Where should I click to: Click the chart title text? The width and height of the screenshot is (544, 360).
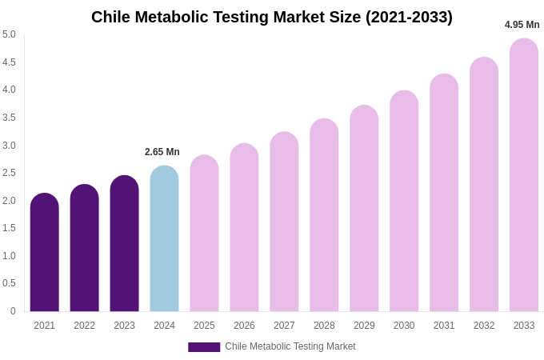point(272,17)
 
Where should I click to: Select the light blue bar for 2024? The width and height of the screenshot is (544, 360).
point(164,240)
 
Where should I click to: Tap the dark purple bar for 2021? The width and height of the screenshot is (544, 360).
point(45,253)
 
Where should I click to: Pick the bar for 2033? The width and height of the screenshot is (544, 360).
point(524,176)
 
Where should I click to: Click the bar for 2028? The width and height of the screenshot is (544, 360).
point(324,216)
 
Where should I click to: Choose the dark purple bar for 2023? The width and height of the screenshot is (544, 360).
point(124,244)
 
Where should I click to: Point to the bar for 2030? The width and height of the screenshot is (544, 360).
point(404,202)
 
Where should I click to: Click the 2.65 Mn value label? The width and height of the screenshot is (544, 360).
point(162,152)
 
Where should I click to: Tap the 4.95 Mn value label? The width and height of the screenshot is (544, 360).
point(522,25)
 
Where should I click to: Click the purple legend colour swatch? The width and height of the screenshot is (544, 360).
point(204,347)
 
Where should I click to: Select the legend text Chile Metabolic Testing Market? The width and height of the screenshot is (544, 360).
point(290,346)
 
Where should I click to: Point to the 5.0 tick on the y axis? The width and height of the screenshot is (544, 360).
point(9,34)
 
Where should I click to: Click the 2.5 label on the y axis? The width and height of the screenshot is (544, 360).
point(9,173)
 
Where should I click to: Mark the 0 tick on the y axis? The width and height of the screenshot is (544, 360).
point(13,311)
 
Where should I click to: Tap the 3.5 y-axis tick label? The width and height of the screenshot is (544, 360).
point(9,118)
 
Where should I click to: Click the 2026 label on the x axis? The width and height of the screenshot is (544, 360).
point(244,326)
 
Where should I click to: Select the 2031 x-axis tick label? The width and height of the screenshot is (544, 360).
point(444,326)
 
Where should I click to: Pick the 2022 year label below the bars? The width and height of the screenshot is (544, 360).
point(84,326)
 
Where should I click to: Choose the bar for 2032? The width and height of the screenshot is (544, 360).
point(484,186)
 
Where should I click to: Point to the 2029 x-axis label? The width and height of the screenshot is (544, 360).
point(364,326)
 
